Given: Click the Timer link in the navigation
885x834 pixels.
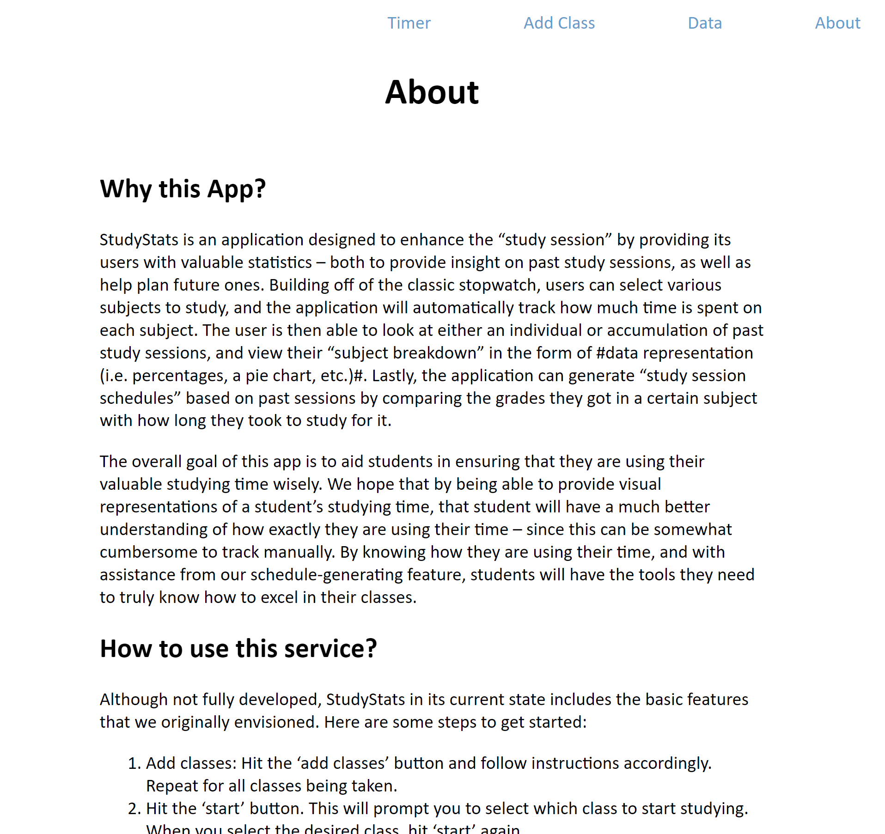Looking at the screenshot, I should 409,23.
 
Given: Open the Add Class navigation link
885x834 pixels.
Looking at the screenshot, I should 559,23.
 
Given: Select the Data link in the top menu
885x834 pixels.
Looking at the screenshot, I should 704,23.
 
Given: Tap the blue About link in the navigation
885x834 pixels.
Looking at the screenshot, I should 837,23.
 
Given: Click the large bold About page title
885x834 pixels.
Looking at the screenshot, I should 432,92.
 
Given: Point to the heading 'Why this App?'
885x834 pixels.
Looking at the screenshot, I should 183,189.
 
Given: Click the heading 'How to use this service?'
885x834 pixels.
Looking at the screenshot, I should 238,648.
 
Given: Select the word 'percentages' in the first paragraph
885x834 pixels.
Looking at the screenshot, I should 180,376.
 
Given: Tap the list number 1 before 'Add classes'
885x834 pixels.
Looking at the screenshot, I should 134,763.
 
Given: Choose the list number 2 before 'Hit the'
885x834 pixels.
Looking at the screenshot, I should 134,809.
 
